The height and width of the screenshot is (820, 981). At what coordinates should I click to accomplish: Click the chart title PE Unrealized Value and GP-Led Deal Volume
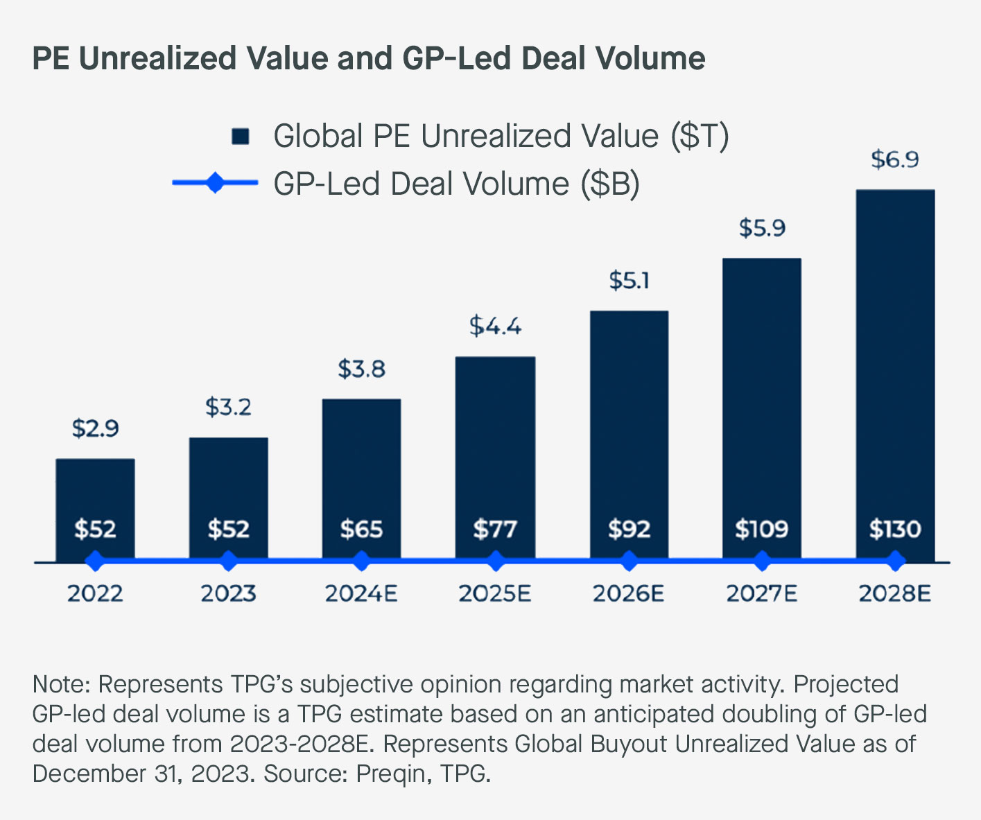coord(369,58)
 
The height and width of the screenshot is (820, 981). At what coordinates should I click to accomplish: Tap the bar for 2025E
coord(495,444)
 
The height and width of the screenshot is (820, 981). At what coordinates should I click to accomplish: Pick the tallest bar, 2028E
coord(895,360)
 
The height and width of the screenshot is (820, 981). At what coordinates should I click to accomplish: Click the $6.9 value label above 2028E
coord(895,160)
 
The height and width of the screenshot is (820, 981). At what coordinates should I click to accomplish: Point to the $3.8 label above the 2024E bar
coord(361,369)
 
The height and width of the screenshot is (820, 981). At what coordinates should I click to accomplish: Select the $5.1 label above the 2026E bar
coord(629,281)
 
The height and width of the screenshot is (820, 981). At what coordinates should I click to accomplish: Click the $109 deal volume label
coord(762,530)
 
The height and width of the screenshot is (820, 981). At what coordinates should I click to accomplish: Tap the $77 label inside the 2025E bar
coord(495,530)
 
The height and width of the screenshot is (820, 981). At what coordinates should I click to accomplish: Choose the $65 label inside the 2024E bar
coord(361,530)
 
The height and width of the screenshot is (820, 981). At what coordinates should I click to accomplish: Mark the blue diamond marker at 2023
coord(228,561)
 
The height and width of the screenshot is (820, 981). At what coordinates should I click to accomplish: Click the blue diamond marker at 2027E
coord(762,561)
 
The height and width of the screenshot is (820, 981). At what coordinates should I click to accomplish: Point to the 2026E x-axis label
coord(629,594)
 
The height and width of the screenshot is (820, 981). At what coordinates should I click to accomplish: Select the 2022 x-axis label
coord(96,594)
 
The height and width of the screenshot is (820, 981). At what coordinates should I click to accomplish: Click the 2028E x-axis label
coord(895,594)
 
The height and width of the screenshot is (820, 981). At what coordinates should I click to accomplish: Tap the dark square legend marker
coord(241,137)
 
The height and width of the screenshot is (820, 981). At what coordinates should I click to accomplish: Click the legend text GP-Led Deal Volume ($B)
coord(456,184)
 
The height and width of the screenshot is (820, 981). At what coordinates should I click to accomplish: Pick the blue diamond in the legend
coord(215,184)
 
